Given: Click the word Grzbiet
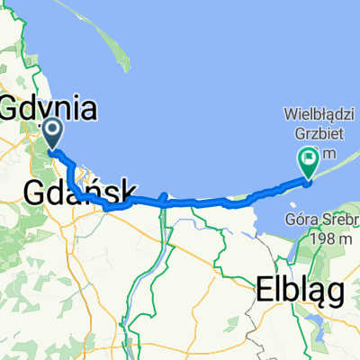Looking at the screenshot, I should [x=315, y=132].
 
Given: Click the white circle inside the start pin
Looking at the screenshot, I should [x=51, y=132].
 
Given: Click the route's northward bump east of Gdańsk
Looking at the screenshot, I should [x=163, y=195].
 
